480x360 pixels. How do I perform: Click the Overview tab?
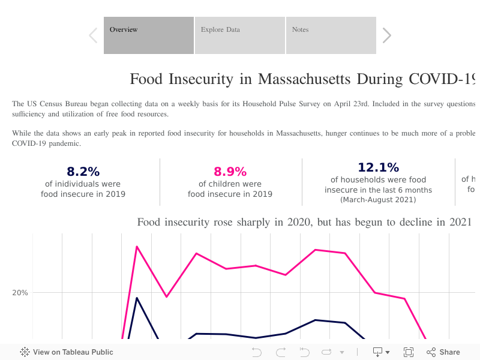(x=149, y=35)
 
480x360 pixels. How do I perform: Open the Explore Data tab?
(x=239, y=35)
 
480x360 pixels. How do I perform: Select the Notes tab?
(x=331, y=35)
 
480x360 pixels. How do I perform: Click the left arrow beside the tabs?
(x=93, y=35)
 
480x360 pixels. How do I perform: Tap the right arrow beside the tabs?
(x=387, y=35)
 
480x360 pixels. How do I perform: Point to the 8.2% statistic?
(x=83, y=172)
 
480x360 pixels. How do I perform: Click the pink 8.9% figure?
(x=230, y=172)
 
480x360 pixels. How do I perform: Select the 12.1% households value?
(x=378, y=167)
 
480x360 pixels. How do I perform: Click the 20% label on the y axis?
(x=20, y=293)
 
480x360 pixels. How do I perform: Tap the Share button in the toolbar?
(x=443, y=352)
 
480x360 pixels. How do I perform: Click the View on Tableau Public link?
(x=67, y=352)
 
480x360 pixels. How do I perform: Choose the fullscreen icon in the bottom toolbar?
(x=409, y=352)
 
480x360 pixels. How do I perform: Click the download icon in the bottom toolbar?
(x=379, y=352)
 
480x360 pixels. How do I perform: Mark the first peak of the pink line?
(x=137, y=246)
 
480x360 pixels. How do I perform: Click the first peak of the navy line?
(x=137, y=298)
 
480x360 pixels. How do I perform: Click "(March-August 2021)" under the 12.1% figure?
(x=378, y=199)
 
